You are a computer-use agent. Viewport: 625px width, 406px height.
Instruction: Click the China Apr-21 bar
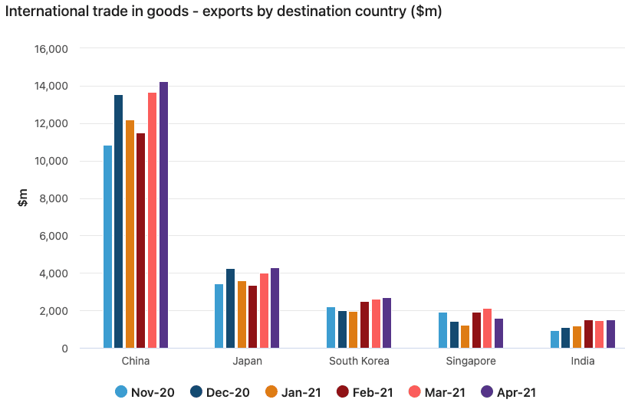pyautogui.click(x=163, y=215)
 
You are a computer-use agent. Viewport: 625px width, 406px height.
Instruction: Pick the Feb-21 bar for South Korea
pyautogui.click(x=365, y=325)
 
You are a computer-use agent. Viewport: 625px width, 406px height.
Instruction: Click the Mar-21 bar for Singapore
pyautogui.click(x=487, y=329)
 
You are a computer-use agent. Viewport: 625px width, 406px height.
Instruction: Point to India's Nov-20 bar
pyautogui.click(x=554, y=339)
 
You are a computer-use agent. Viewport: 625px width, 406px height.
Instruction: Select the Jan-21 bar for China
pyautogui.click(x=130, y=234)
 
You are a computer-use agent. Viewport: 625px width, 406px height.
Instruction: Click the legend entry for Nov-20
pyautogui.click(x=144, y=392)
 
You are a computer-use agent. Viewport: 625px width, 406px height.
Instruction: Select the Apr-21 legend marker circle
pyautogui.click(x=486, y=392)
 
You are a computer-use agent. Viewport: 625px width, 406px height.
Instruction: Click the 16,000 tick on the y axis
pyautogui.click(x=52, y=49)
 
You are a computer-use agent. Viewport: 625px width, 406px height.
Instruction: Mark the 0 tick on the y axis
pyautogui.click(x=64, y=349)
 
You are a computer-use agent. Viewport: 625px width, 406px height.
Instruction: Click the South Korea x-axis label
pyautogui.click(x=359, y=361)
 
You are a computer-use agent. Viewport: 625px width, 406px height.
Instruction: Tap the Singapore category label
pyautogui.click(x=471, y=361)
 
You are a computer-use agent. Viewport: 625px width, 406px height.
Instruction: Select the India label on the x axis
pyautogui.click(x=582, y=361)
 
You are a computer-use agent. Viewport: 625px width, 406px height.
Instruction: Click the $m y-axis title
pyautogui.click(x=24, y=198)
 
